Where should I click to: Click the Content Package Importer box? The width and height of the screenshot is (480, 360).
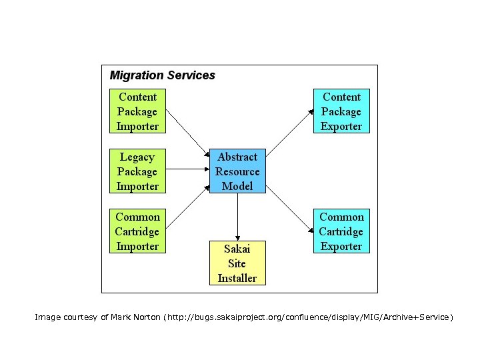point(137,111)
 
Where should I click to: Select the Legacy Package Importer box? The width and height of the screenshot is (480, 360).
point(137,171)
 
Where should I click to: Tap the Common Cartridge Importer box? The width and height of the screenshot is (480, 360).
point(137,231)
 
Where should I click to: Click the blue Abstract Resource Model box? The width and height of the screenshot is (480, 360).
point(237,171)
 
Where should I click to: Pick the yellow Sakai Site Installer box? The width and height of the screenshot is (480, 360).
point(237,263)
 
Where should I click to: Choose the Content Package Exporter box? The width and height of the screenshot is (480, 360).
point(341,111)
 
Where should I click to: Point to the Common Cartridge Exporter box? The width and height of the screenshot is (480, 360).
point(341,231)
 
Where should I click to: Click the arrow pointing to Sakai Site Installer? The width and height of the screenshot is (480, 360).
point(237,217)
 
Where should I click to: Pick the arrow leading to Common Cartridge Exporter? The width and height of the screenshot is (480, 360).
point(290,212)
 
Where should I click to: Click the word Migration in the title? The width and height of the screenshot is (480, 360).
point(136,76)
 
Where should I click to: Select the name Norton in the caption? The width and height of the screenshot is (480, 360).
point(143,317)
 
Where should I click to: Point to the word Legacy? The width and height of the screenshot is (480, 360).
point(137,157)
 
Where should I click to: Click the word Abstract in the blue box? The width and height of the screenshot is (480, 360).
point(237,157)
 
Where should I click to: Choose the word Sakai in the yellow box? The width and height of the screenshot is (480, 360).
point(237,249)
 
